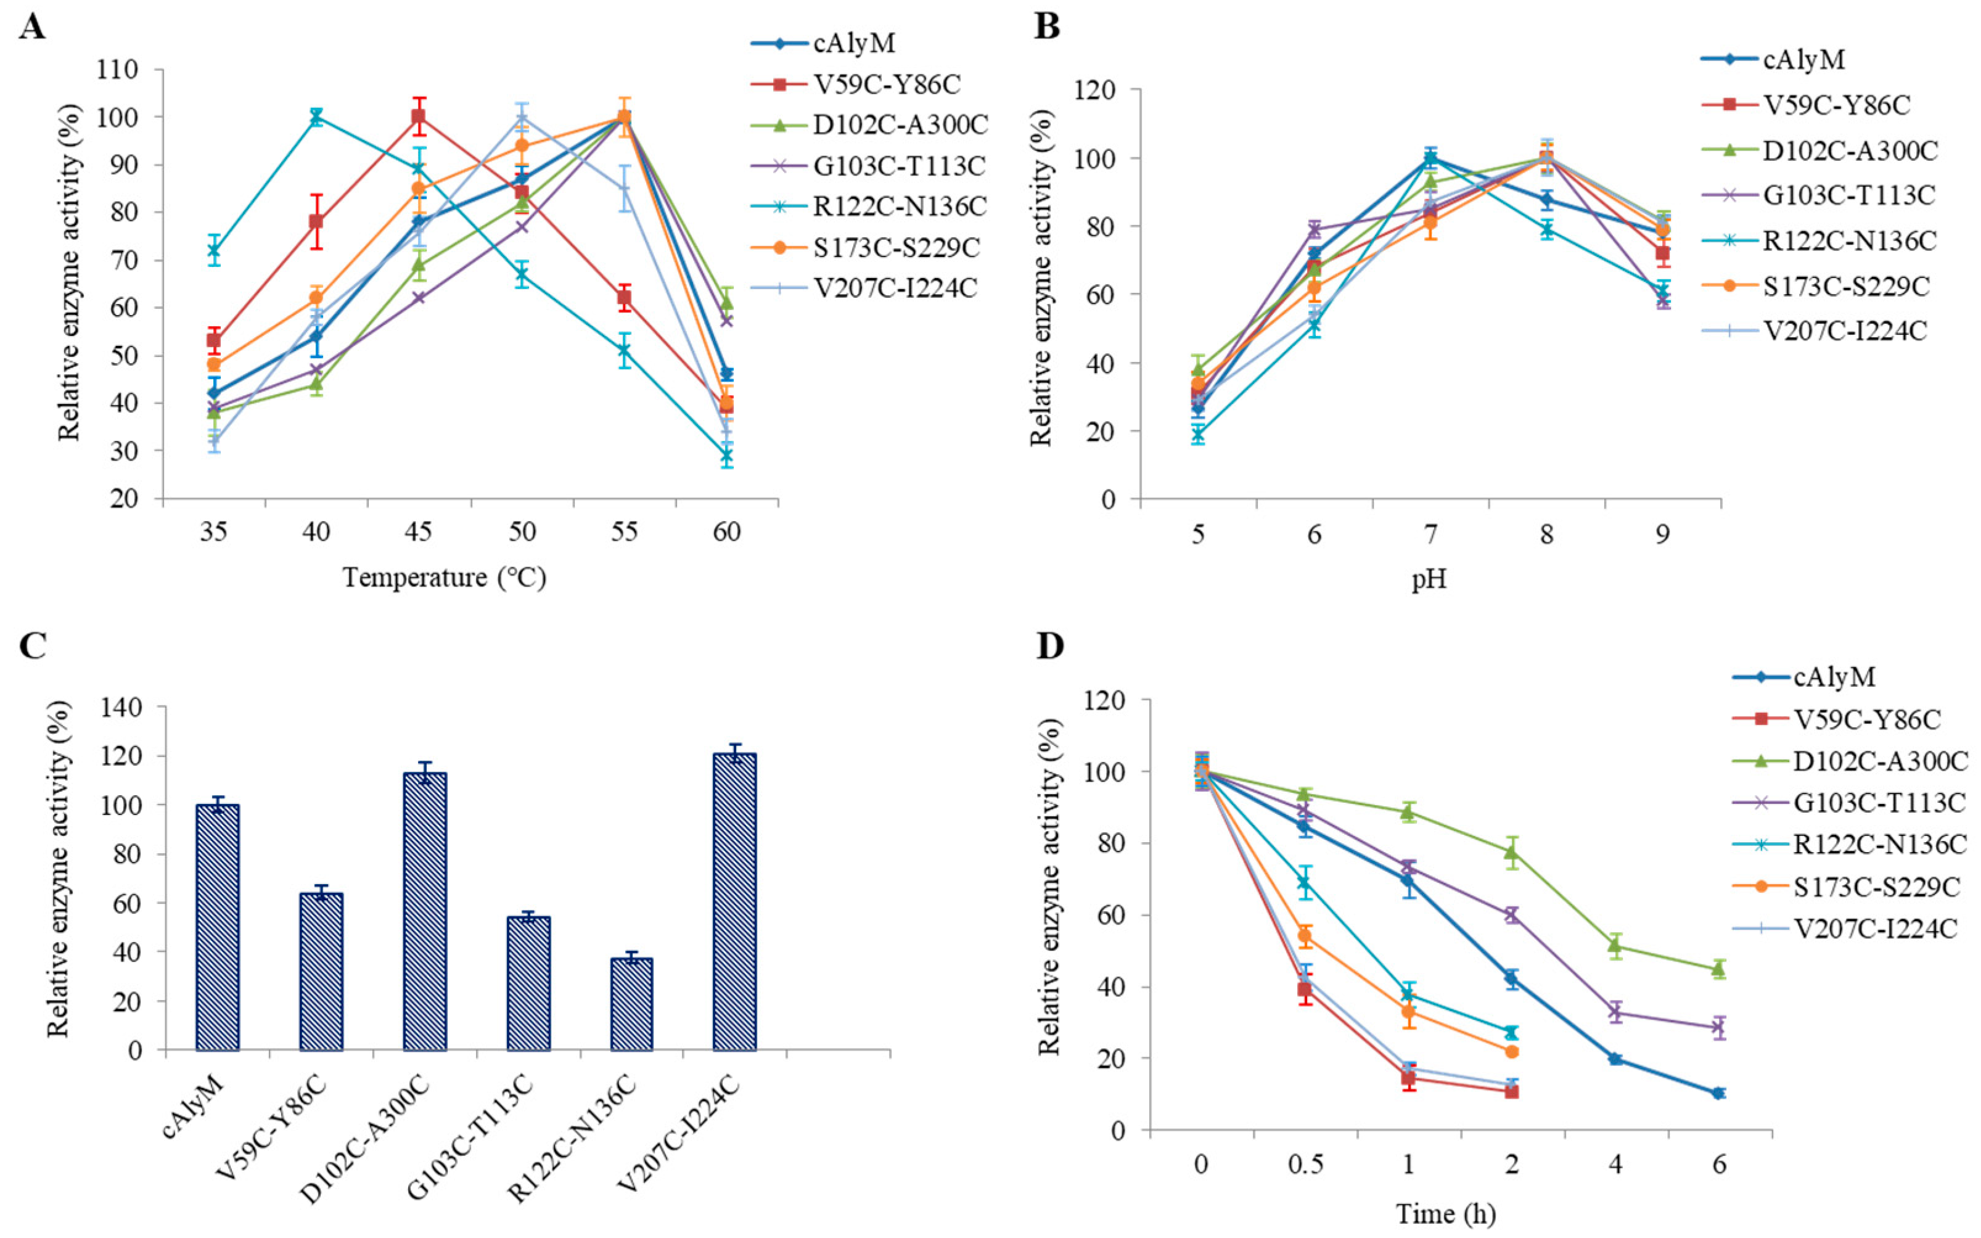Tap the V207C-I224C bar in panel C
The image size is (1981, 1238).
point(734,901)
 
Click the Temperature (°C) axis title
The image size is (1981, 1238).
point(444,578)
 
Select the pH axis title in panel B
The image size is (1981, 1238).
point(1429,580)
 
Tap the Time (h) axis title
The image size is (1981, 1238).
point(1446,1213)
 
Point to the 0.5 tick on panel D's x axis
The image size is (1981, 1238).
point(1305,1163)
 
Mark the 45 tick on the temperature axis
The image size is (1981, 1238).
point(418,532)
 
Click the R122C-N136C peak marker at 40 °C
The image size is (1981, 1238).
point(316,117)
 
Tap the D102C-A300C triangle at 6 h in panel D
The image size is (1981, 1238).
point(1718,969)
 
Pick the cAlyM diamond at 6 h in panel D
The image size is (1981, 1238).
point(1718,1093)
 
